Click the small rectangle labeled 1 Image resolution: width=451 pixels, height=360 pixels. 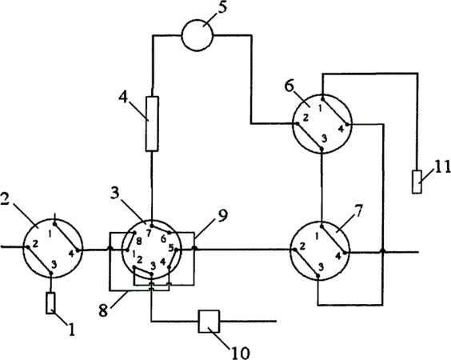(x=50, y=303)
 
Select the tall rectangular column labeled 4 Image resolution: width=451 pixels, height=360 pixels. (x=152, y=124)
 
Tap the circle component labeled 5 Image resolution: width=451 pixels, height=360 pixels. (x=198, y=35)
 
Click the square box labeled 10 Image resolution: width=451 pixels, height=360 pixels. (x=209, y=321)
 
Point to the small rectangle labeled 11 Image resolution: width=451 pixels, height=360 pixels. (x=417, y=182)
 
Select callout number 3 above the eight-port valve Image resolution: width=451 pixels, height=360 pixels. (x=115, y=194)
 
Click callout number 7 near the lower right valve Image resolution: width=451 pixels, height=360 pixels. (x=358, y=211)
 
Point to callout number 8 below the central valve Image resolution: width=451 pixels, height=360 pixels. (x=103, y=310)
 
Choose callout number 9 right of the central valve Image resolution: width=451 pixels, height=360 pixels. (x=223, y=215)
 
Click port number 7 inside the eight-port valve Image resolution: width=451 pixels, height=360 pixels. (x=149, y=234)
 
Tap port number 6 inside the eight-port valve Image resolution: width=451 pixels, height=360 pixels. (x=163, y=239)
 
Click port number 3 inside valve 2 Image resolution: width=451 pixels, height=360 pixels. (x=54, y=263)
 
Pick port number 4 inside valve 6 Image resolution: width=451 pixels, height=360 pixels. (x=341, y=129)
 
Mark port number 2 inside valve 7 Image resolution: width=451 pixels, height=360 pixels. (x=302, y=246)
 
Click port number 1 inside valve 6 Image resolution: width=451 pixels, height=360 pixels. (x=320, y=108)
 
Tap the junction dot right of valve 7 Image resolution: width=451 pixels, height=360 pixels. (x=382, y=251)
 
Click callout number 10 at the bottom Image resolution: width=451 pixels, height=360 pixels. (x=240, y=353)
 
